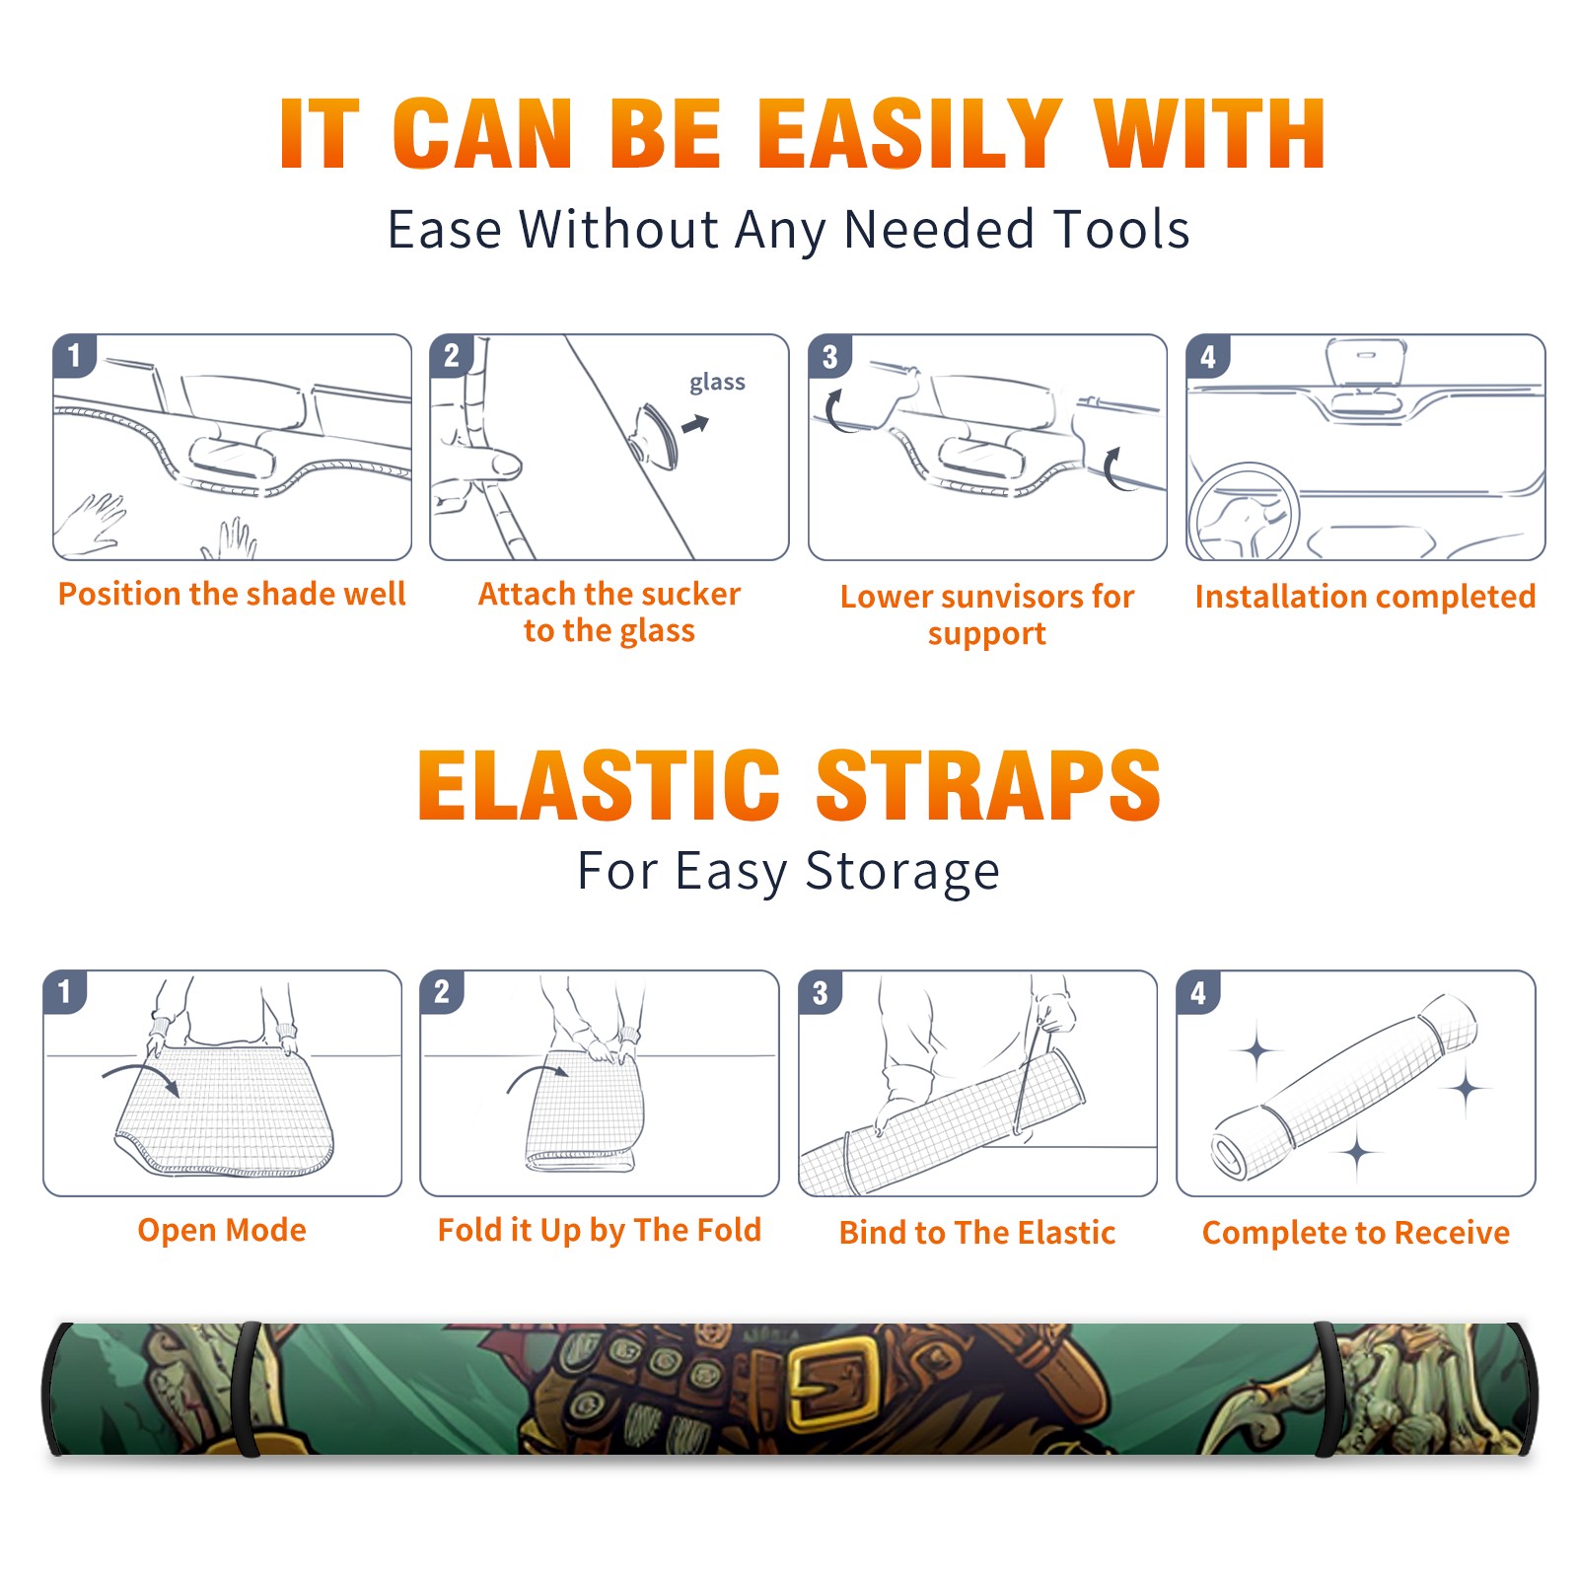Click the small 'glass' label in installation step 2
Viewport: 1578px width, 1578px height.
pyautogui.click(x=717, y=383)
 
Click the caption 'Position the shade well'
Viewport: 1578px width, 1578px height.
pyautogui.click(x=232, y=594)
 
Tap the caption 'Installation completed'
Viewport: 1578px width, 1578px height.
pyautogui.click(x=1365, y=597)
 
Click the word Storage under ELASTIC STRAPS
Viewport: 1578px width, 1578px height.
pyautogui.click(x=902, y=873)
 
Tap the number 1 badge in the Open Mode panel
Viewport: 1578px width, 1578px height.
pyautogui.click(x=65, y=991)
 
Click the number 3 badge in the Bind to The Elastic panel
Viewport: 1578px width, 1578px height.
pyautogui.click(x=821, y=992)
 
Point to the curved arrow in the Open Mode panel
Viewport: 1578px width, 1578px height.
pyautogui.click(x=141, y=1076)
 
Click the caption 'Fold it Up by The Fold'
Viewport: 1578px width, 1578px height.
pyautogui.click(x=600, y=1230)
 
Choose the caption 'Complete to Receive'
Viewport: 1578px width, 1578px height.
pyautogui.click(x=1356, y=1233)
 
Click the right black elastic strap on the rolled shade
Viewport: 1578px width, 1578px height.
pyautogui.click(x=1327, y=1389)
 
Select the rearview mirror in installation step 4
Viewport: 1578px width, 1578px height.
pyautogui.click(x=1366, y=363)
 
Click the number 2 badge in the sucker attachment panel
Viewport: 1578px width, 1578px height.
pyautogui.click(x=452, y=355)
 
